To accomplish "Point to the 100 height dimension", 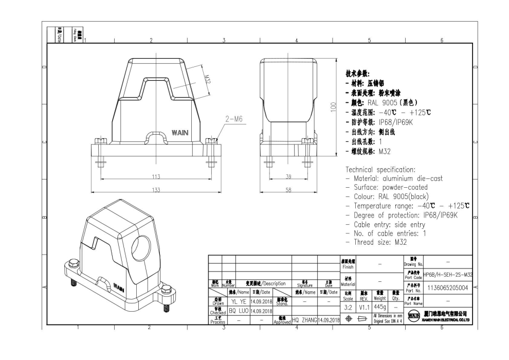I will coord(333,107).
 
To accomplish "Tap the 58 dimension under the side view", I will coord(288,190).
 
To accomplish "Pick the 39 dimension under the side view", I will coord(288,176).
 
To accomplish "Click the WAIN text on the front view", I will coord(179,133).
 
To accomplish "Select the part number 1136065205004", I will coord(447,288).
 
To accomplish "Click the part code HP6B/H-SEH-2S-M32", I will coord(448,275).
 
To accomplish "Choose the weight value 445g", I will coord(380,307).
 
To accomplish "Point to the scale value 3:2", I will coord(349,307).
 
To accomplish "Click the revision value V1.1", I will coord(364,307).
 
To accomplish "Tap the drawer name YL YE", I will coord(238,302).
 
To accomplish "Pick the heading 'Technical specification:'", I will coord(380,169).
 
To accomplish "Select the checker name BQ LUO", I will coord(238,311).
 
